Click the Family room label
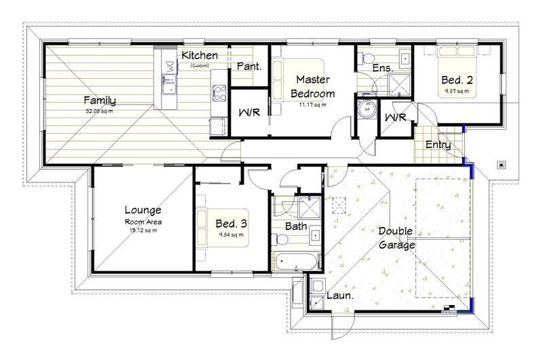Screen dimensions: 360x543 tap(99, 101)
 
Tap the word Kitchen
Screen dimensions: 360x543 tap(200, 55)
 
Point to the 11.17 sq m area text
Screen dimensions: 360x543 tap(312, 105)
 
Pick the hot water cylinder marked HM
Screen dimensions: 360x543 tap(368, 109)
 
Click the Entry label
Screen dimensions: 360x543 tap(438, 145)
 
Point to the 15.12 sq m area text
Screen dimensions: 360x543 tap(143, 230)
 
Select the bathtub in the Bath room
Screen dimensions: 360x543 tap(296, 260)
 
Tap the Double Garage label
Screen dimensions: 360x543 tap(397, 239)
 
